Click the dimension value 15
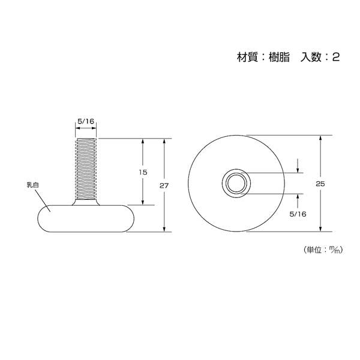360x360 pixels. click(x=143, y=172)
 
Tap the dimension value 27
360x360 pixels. click(x=164, y=185)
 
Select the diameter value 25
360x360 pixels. click(x=320, y=184)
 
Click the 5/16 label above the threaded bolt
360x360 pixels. click(x=86, y=121)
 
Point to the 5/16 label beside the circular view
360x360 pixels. click(x=298, y=214)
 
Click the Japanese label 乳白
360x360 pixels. click(x=32, y=185)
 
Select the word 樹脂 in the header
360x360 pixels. click(x=279, y=57)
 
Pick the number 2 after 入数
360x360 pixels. click(x=335, y=58)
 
